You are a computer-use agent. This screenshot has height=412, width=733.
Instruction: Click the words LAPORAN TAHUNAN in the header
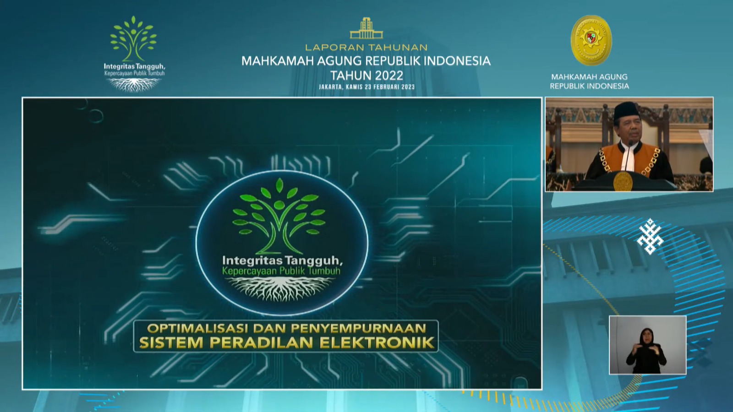tap(366, 48)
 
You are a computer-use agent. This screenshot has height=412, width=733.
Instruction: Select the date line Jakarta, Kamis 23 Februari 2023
tap(366, 87)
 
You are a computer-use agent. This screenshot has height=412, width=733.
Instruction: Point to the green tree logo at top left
tap(133, 38)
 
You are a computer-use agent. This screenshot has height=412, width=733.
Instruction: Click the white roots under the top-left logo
tap(134, 85)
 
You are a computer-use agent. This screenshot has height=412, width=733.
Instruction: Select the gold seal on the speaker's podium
tap(623, 181)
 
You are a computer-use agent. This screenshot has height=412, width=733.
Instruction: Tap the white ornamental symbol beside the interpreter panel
tap(650, 236)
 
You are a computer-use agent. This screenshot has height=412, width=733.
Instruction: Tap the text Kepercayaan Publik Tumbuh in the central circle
tap(281, 271)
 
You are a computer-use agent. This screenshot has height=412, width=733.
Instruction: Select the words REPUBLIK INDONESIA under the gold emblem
tap(589, 86)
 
